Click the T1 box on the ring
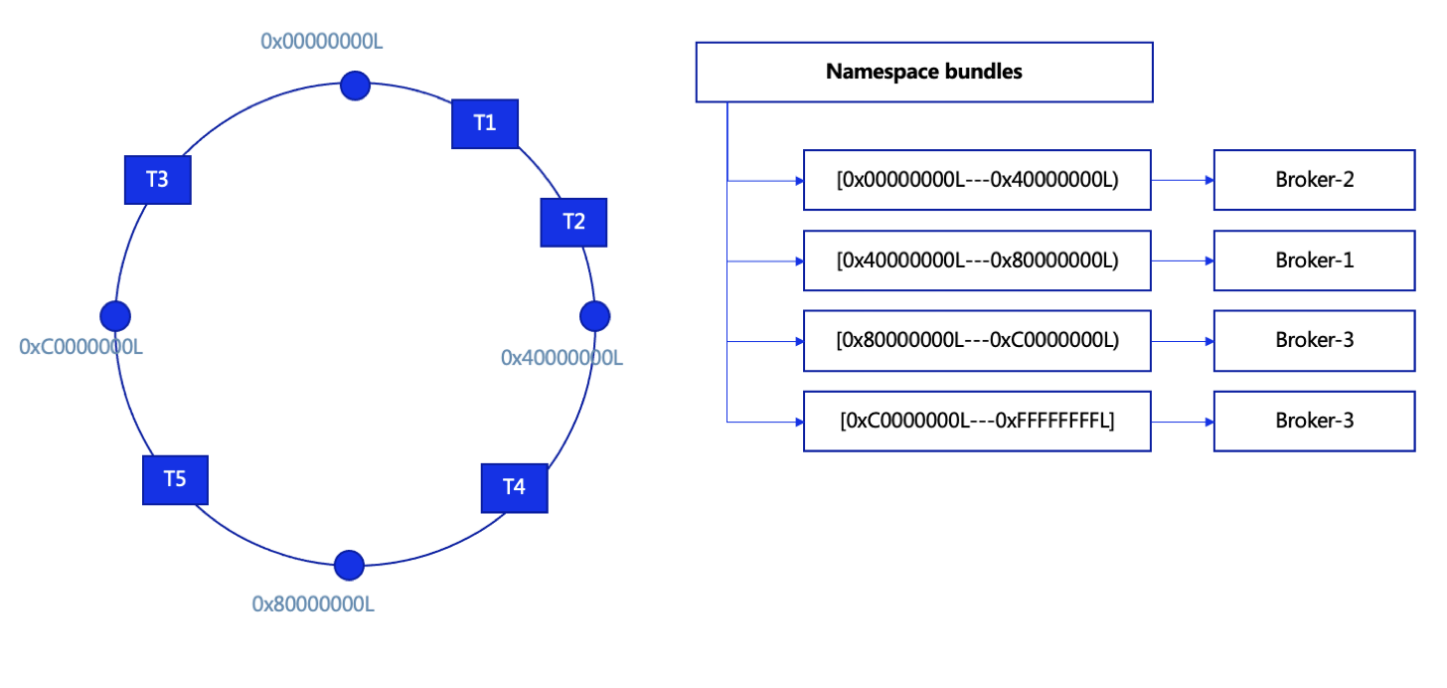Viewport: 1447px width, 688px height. pos(485,123)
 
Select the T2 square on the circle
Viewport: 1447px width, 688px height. pos(573,222)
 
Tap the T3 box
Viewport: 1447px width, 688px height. pos(157,180)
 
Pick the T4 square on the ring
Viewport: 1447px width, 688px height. pos(514,487)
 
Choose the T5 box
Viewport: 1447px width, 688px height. pos(175,479)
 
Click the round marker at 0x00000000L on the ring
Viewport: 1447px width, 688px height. pos(355,86)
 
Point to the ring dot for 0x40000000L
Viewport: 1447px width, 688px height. pos(594,315)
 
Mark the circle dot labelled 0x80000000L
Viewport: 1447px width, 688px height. pos(349,565)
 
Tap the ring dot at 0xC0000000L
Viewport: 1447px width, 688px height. pos(115,315)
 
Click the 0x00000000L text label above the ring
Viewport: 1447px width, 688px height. pos(322,41)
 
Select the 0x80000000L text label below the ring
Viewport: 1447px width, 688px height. pos(313,603)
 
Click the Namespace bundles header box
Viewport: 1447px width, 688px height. pos(924,72)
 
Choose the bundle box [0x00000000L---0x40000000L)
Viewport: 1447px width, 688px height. pos(977,180)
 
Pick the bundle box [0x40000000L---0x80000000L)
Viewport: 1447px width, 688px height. pos(977,260)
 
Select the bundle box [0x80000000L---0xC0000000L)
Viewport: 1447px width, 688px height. pos(977,340)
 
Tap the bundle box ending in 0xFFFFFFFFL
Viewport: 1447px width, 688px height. pos(977,421)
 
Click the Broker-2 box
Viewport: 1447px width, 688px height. pos(1314,180)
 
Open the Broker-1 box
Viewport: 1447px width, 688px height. pos(1314,260)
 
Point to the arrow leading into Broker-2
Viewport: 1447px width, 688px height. pos(1183,180)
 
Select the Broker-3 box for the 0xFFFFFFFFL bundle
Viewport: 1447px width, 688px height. pos(1314,421)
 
